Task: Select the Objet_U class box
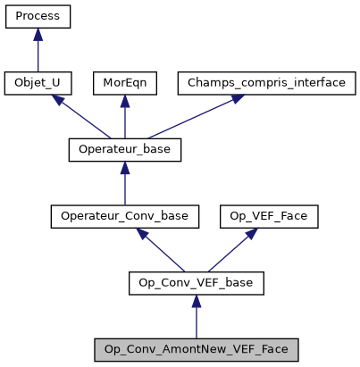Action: (38, 84)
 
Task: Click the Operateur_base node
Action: (125, 150)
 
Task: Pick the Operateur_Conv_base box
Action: (125, 217)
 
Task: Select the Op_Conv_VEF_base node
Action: (197, 284)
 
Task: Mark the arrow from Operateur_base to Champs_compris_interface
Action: (180, 118)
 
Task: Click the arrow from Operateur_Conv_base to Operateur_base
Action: (125, 184)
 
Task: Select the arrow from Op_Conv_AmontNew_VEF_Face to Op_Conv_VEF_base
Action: (197, 317)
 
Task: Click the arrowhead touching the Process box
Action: (38, 34)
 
